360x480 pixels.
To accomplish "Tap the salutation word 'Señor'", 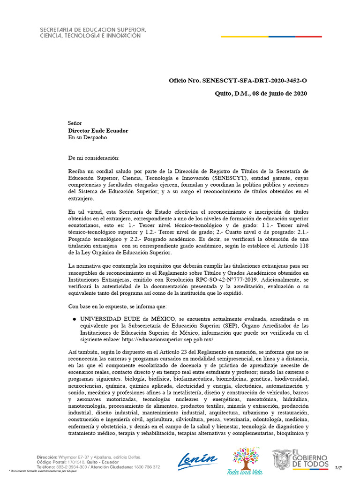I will click(75, 123).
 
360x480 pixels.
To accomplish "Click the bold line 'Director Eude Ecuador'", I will click(98, 131).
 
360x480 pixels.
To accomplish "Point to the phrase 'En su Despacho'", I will click(88, 138).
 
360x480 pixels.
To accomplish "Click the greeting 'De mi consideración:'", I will click(94, 157).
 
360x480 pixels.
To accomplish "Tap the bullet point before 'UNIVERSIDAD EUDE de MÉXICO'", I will click(74, 318).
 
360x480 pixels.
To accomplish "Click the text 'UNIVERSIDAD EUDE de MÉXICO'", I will click(124, 318).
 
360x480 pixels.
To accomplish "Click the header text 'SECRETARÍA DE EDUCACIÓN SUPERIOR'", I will click(92, 30).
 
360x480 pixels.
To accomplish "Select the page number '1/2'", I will click(338, 467).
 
